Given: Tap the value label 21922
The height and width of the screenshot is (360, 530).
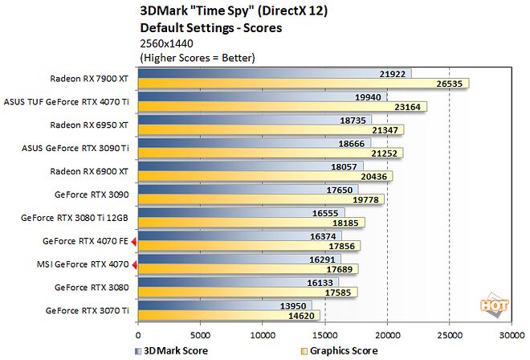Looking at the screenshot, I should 393,73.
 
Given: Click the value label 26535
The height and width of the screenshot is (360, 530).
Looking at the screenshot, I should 450,84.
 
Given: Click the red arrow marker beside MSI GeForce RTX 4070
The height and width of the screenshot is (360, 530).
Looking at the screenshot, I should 134,264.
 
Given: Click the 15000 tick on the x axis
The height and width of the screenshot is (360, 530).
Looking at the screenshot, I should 324,335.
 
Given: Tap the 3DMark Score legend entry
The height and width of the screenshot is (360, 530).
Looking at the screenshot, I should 173,351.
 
